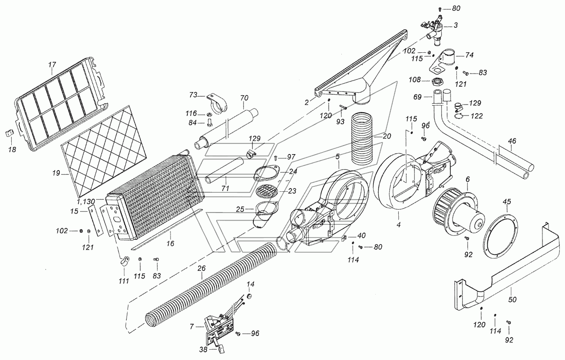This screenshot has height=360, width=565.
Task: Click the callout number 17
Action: (x=52, y=65)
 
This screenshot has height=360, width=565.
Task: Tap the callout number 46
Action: (x=512, y=141)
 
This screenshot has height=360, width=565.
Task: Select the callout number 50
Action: (x=512, y=300)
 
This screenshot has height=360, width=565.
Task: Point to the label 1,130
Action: (x=86, y=202)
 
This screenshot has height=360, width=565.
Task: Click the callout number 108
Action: (x=415, y=80)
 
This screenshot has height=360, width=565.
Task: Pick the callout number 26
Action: (x=202, y=269)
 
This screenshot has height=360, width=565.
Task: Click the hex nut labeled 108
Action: (x=437, y=82)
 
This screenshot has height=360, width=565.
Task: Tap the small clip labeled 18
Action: (x=9, y=133)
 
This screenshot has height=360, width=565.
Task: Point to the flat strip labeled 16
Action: (x=167, y=229)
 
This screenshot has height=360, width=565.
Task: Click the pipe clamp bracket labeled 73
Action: (x=217, y=104)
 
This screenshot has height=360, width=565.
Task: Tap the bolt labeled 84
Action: (x=209, y=123)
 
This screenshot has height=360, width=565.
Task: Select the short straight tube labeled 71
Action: (x=225, y=171)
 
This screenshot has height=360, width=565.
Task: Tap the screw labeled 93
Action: (x=343, y=107)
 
